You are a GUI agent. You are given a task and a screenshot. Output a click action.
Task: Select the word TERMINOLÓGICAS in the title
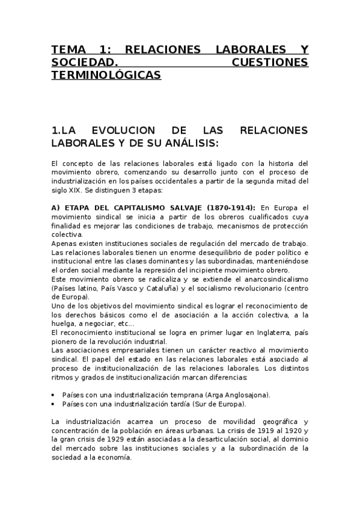coord(106,75)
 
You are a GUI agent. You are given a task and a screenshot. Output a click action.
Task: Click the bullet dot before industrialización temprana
coord(54,395)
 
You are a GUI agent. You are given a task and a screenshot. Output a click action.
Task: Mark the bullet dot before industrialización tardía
coord(54,404)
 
